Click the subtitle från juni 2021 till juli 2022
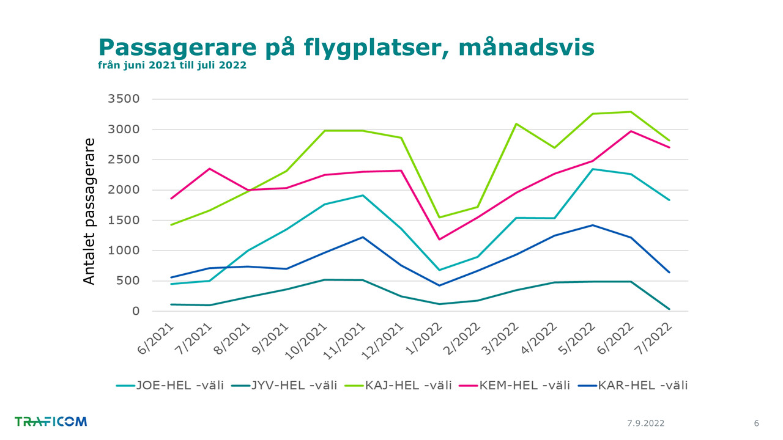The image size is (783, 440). coord(172,65)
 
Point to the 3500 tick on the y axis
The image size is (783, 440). coord(123,99)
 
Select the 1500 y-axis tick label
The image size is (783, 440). coord(123,220)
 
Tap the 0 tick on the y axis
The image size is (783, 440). coord(136,311)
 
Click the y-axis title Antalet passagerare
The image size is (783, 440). coord(89,211)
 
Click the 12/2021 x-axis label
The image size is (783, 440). coord(384,341)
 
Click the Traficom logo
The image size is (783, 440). coord(51,422)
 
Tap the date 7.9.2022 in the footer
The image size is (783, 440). coord(645,424)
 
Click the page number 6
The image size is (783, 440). coord(756,424)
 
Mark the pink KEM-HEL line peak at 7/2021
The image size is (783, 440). coord(210,169)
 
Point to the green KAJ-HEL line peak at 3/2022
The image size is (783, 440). coord(516,124)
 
